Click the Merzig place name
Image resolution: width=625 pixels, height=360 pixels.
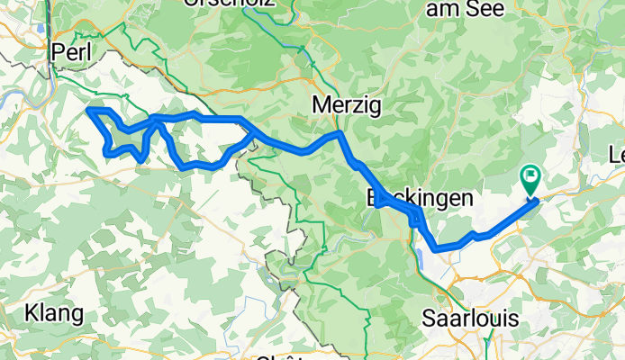(x=346, y=106)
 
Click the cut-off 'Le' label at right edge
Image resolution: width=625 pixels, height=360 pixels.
(x=616, y=154)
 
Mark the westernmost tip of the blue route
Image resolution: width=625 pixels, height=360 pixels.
(x=88, y=110)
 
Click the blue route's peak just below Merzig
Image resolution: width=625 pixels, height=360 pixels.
(x=340, y=134)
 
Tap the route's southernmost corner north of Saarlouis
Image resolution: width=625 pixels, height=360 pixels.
(x=436, y=248)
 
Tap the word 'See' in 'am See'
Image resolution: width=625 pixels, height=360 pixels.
(x=490, y=7)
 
